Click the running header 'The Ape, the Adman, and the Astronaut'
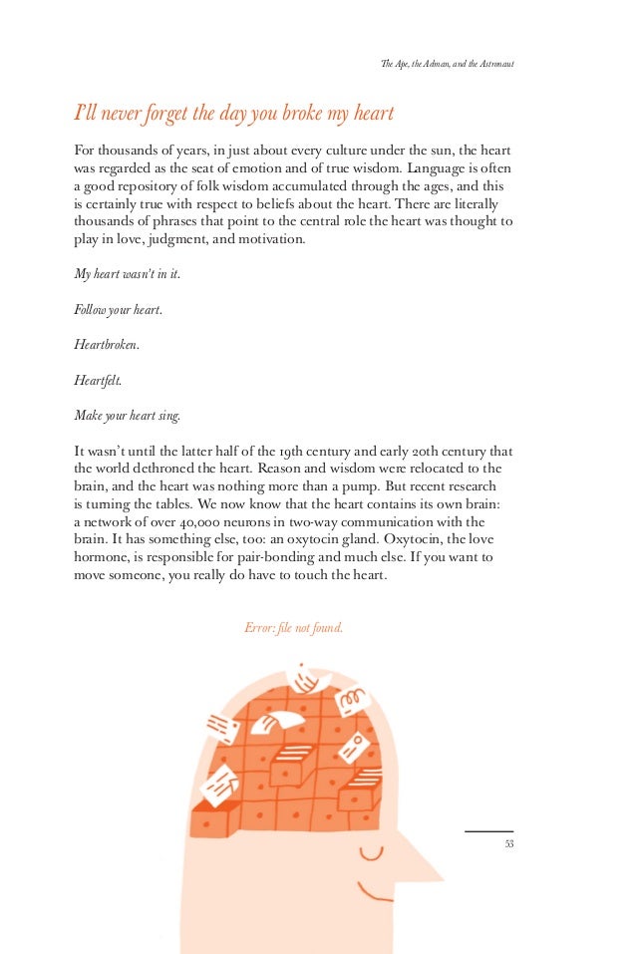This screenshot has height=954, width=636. (x=447, y=66)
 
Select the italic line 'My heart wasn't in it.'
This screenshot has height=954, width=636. (x=128, y=273)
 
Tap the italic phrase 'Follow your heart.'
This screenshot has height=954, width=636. (x=118, y=309)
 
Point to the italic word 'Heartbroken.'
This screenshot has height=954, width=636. (x=107, y=345)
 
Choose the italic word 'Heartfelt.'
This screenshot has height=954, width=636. (x=98, y=380)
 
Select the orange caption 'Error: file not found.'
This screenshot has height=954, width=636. (x=293, y=628)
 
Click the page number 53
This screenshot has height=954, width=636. (x=508, y=844)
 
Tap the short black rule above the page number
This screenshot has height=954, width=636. (x=488, y=831)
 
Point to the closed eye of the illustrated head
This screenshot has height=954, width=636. (x=371, y=852)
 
